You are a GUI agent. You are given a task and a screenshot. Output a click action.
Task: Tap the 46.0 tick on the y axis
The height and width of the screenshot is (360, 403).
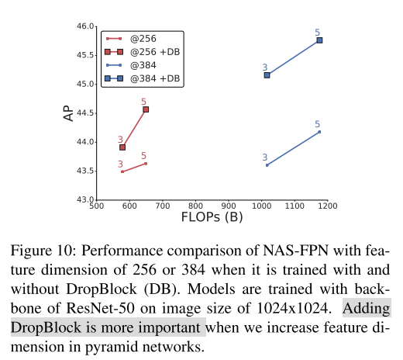[84, 26]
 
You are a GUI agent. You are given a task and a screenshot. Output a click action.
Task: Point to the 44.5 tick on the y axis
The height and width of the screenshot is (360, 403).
[84, 113]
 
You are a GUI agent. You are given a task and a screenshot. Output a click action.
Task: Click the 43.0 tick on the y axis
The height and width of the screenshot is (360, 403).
[84, 200]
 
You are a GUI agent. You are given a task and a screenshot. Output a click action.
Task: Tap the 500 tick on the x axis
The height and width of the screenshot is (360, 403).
[97, 207]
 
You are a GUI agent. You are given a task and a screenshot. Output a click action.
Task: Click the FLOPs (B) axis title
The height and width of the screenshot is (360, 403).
[212, 217]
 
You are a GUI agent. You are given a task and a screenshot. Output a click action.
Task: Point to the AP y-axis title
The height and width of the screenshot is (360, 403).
[67, 113]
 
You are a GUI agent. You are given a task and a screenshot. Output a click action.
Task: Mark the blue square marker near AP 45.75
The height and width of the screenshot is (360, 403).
[319, 40]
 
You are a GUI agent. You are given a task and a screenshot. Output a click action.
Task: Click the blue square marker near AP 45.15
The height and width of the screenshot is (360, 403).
[267, 75]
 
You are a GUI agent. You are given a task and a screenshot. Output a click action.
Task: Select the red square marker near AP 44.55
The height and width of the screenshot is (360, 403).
[146, 109]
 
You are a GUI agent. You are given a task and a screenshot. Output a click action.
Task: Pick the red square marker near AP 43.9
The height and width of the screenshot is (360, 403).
[122, 147]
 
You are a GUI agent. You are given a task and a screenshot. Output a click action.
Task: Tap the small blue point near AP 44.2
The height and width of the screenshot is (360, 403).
[319, 132]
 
